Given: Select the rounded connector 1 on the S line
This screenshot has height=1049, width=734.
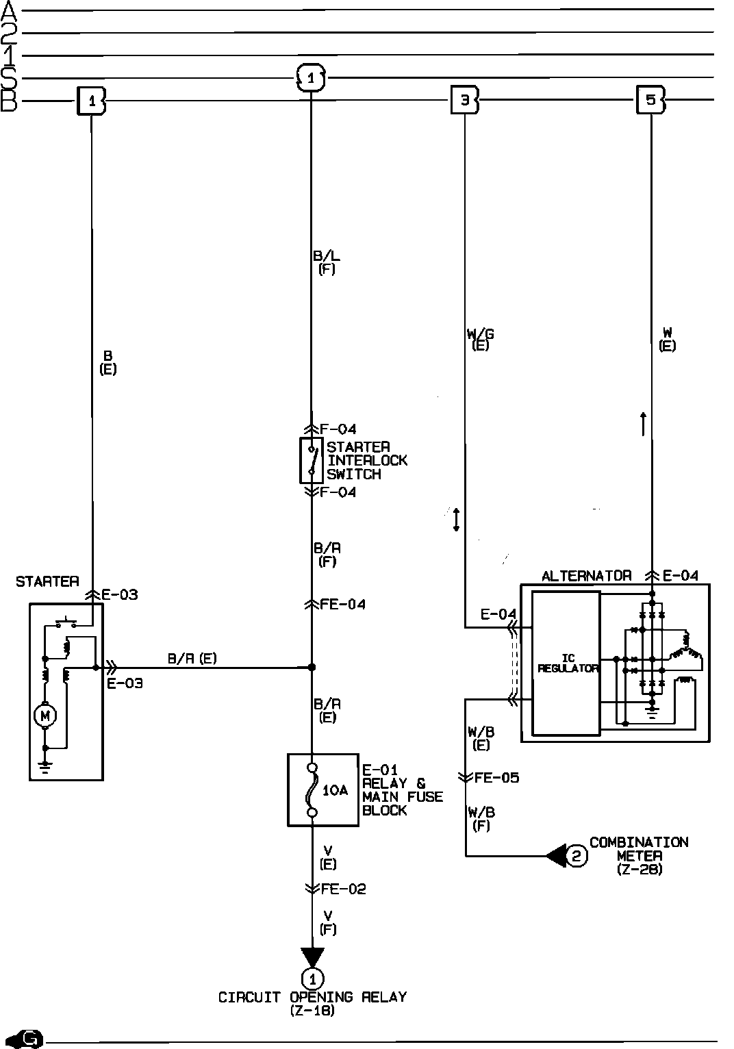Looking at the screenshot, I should point(311,78).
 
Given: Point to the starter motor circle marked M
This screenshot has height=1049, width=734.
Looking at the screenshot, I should point(45,716).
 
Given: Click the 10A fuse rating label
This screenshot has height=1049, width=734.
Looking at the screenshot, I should point(335,790).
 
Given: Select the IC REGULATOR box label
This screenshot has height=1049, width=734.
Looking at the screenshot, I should point(568,663).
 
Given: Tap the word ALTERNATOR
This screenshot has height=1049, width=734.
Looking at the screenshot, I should point(586,576).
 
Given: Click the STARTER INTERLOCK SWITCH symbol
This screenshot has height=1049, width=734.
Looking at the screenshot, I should point(312,460).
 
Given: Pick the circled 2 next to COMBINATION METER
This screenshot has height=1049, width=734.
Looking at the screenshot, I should point(577,855).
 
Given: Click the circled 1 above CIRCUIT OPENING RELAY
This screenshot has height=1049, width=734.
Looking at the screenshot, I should point(312,977).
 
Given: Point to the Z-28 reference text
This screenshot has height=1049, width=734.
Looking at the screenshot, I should point(640,870).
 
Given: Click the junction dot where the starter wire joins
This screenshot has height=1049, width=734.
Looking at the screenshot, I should point(312,667).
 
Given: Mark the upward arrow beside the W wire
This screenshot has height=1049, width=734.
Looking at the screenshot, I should point(643,425).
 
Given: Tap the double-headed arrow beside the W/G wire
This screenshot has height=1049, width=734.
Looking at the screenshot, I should point(456,520).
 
